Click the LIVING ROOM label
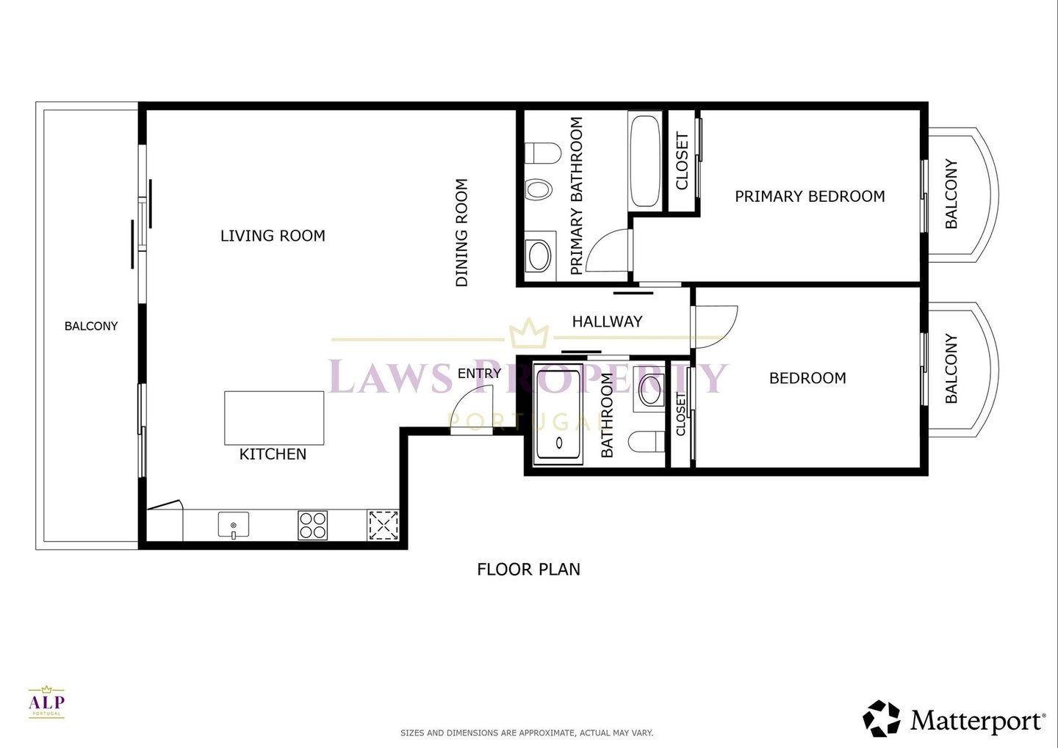[273, 236]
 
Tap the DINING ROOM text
[461, 232]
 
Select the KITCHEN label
[273, 454]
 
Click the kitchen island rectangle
[274, 418]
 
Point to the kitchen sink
[234, 525]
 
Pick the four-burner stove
[313, 526]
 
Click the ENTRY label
[479, 374]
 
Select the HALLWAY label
[607, 322]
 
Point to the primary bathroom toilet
[543, 153]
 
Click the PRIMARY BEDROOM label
[810, 196]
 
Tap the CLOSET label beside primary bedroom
[682, 161]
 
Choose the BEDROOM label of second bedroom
[807, 378]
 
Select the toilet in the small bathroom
[646, 441]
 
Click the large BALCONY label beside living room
[90, 326]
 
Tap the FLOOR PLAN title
[528, 569]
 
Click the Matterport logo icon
[882, 718]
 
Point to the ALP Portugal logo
[46, 702]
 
